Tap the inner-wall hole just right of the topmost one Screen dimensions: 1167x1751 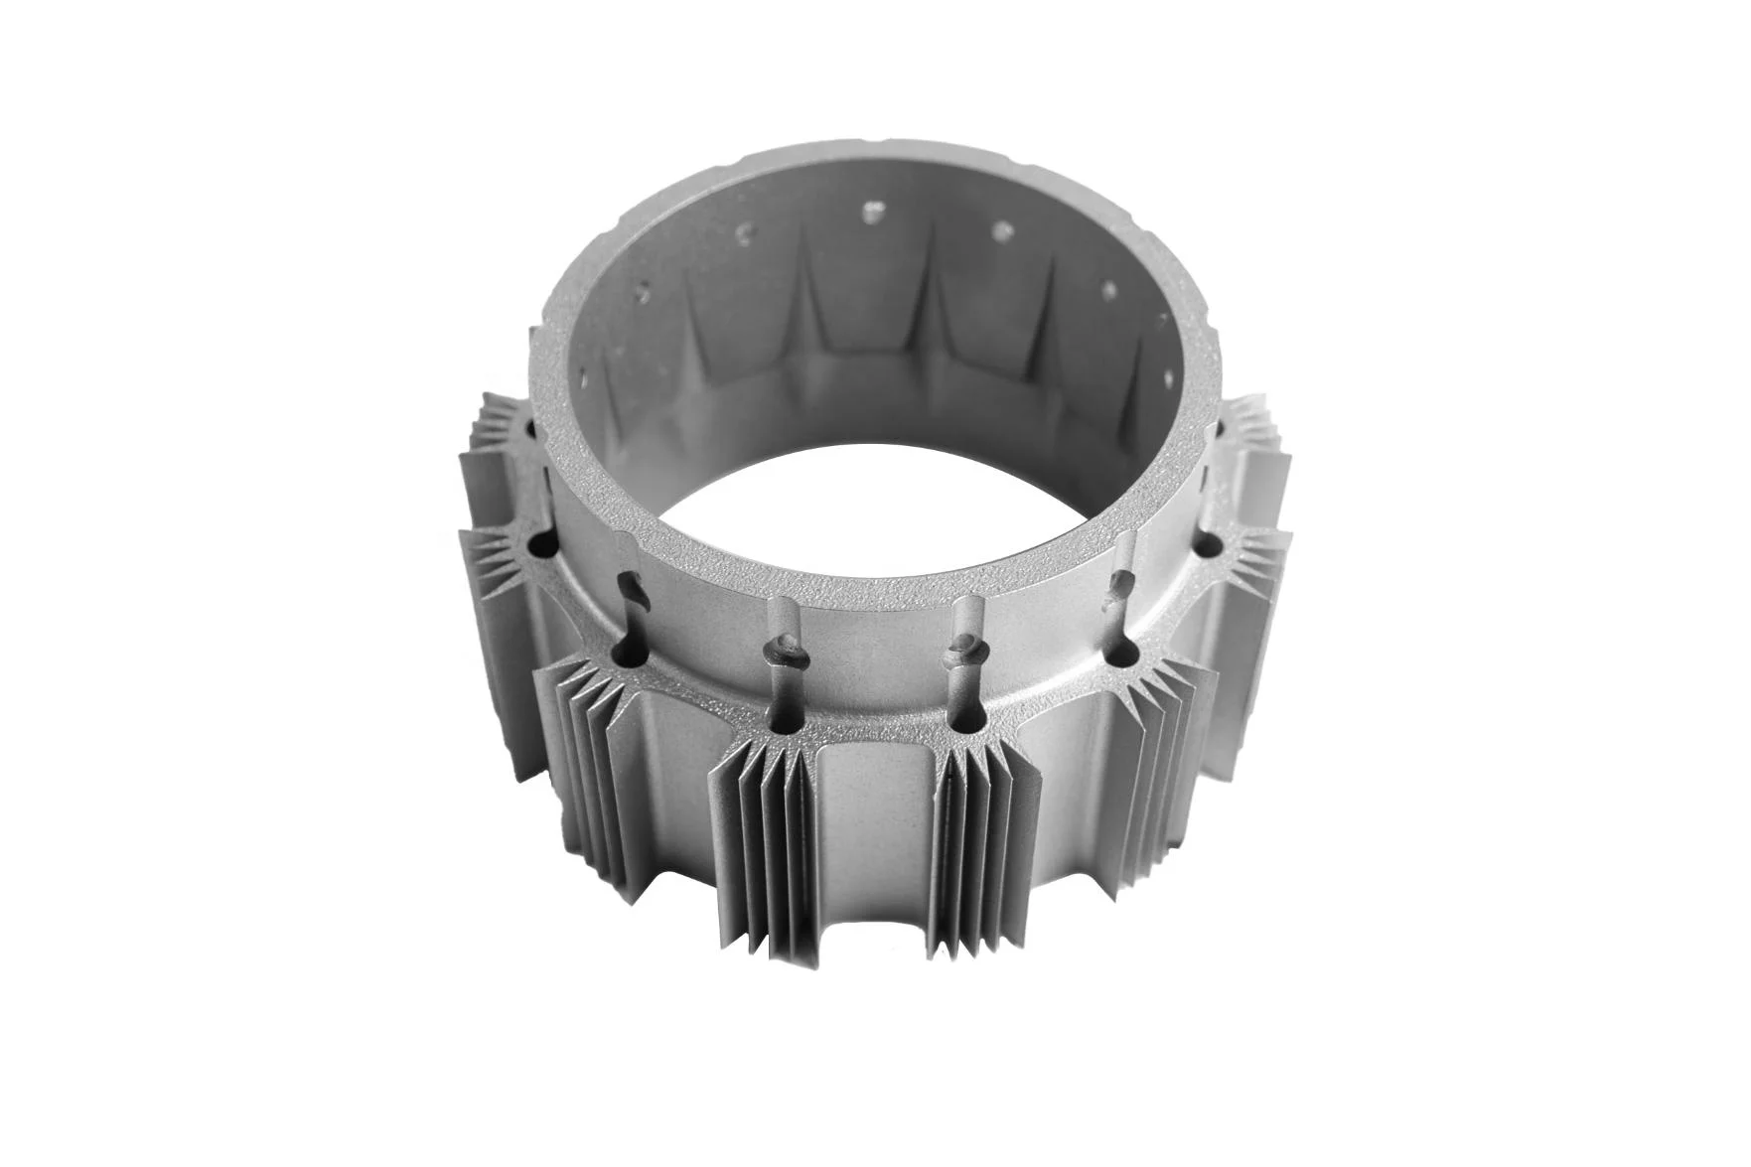tap(1001, 230)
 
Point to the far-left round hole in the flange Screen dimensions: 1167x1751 tap(544, 545)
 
